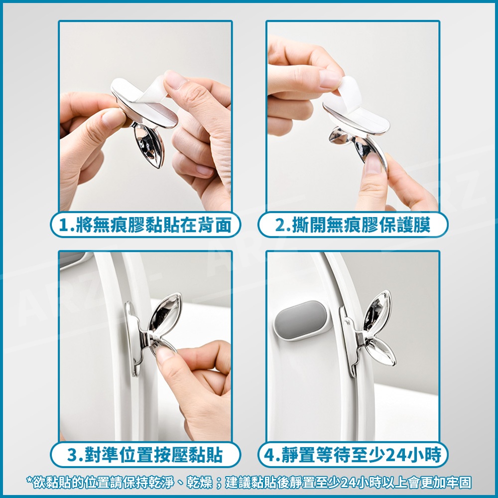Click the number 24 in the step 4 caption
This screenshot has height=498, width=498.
point(394,455)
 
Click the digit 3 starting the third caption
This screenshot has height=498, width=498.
point(72,455)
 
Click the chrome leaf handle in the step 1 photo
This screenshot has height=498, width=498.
point(149,145)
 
